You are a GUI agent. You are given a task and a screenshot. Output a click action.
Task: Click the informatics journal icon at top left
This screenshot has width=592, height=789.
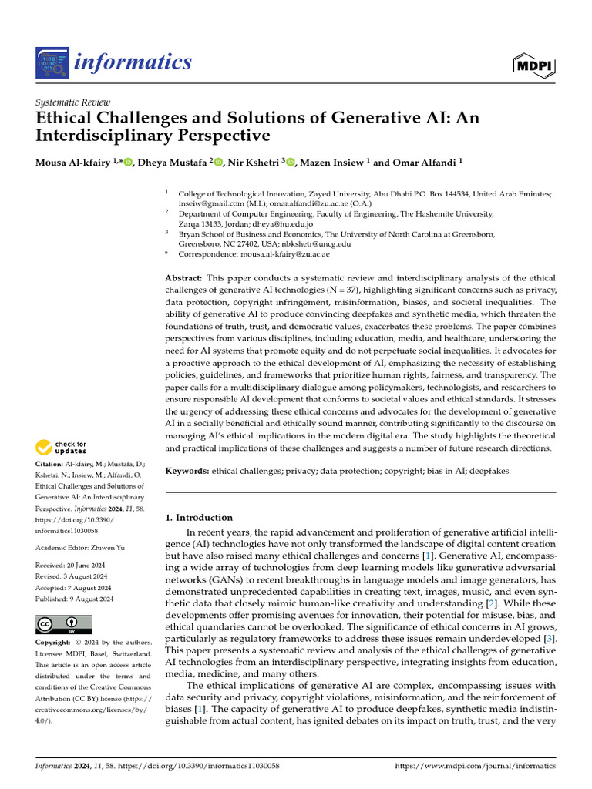coord(52,62)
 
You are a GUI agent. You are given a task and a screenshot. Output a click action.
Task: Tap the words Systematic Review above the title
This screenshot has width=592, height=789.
coord(73,102)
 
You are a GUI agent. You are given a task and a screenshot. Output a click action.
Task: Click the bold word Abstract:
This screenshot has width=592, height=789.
coord(185,277)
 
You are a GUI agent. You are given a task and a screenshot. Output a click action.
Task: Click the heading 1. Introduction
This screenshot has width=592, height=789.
coord(200,518)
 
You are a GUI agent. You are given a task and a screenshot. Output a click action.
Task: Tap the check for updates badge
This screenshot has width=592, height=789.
coord(61,447)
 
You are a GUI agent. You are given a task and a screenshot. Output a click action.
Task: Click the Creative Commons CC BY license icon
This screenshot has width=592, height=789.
coord(63,624)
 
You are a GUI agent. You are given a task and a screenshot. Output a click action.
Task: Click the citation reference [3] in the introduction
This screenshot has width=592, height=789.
coord(547,639)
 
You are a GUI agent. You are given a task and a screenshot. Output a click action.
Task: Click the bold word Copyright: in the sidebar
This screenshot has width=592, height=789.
coord(55,642)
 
